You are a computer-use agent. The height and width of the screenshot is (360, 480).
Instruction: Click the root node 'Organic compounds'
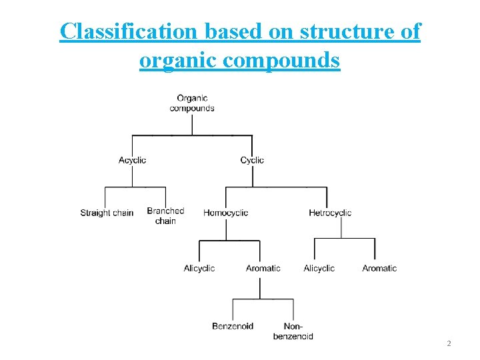click(x=192, y=103)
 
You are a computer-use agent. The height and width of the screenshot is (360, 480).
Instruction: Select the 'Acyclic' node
click(x=132, y=160)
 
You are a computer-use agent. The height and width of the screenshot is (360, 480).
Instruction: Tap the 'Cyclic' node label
click(x=252, y=160)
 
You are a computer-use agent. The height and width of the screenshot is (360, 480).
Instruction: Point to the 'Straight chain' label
click(x=107, y=213)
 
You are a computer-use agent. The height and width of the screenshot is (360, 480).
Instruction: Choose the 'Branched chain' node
click(x=165, y=216)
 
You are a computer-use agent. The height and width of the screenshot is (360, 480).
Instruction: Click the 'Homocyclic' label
click(x=225, y=213)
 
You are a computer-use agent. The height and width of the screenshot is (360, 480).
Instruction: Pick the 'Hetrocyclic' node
click(x=330, y=213)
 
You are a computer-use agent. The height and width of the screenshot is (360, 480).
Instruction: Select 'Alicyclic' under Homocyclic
click(x=199, y=268)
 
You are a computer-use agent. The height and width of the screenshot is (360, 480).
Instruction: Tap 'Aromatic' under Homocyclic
click(x=263, y=268)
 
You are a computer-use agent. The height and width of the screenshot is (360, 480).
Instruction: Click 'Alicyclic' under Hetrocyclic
click(x=319, y=268)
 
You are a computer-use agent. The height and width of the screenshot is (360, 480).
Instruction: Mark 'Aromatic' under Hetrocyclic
click(x=379, y=268)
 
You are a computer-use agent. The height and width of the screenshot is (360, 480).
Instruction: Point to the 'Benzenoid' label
click(x=233, y=326)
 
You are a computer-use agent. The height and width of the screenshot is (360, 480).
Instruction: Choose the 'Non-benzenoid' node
click(x=293, y=331)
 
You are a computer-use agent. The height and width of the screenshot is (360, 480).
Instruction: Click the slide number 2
click(x=449, y=344)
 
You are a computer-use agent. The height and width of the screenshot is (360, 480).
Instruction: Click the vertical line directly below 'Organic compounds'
click(x=192, y=124)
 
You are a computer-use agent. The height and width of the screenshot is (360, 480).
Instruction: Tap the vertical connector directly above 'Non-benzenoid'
click(x=293, y=309)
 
